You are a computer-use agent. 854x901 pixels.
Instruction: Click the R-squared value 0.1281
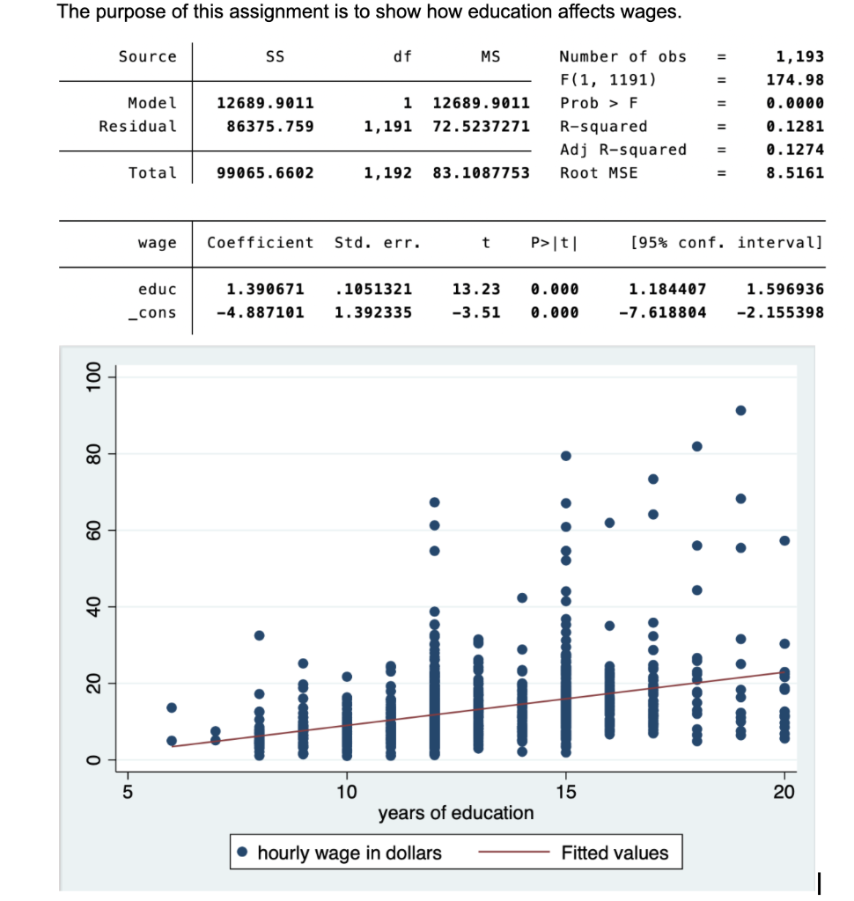tap(795, 126)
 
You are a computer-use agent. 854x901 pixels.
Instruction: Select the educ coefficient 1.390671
tap(265, 289)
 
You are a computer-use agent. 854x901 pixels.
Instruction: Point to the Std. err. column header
tap(377, 242)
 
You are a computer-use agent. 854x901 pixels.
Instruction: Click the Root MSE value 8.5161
tap(795, 172)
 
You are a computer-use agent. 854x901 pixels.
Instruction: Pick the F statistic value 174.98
tap(795, 79)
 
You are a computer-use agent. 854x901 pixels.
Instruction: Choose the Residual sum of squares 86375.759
tap(265, 126)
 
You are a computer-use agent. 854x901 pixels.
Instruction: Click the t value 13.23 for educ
tap(475, 289)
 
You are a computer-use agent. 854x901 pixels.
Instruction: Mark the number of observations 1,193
tap(799, 56)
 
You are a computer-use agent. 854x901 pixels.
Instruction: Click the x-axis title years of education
tap(456, 813)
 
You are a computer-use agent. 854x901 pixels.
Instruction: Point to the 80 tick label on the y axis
tap(90, 454)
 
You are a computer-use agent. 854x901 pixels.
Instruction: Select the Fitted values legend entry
tap(615, 853)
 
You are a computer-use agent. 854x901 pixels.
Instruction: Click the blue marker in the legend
tap(244, 853)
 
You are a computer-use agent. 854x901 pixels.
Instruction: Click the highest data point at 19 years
tap(740, 410)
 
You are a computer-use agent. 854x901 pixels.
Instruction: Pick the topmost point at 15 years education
tap(566, 456)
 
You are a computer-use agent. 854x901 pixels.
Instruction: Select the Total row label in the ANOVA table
tap(152, 172)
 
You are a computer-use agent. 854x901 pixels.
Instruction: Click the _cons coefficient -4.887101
tap(261, 312)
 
